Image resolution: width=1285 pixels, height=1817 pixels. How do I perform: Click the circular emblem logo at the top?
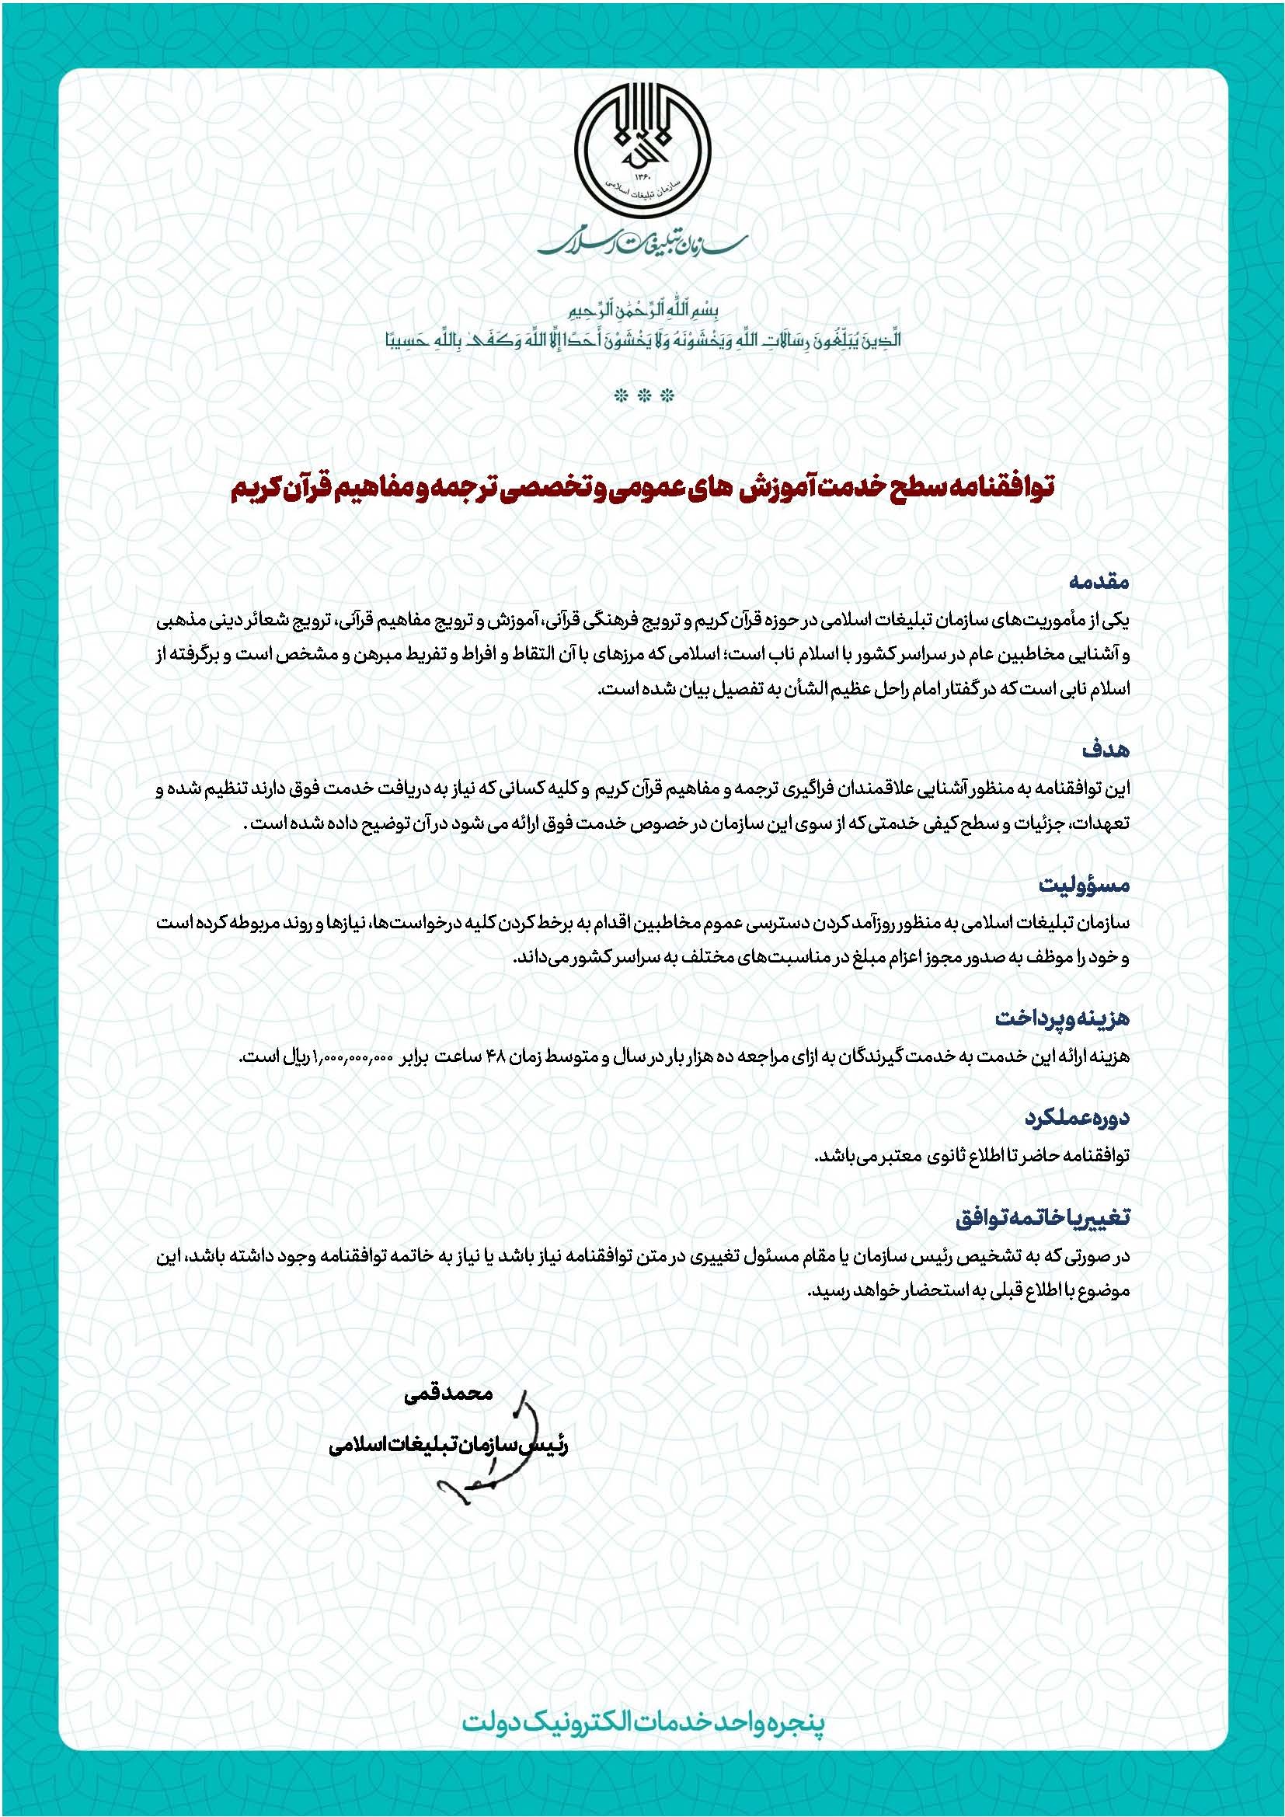click(642, 147)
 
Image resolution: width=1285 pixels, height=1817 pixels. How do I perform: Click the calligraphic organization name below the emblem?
click(642, 242)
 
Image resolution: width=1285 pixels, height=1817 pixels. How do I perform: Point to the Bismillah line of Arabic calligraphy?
click(642, 309)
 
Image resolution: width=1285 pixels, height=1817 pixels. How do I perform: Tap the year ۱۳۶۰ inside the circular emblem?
click(642, 178)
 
